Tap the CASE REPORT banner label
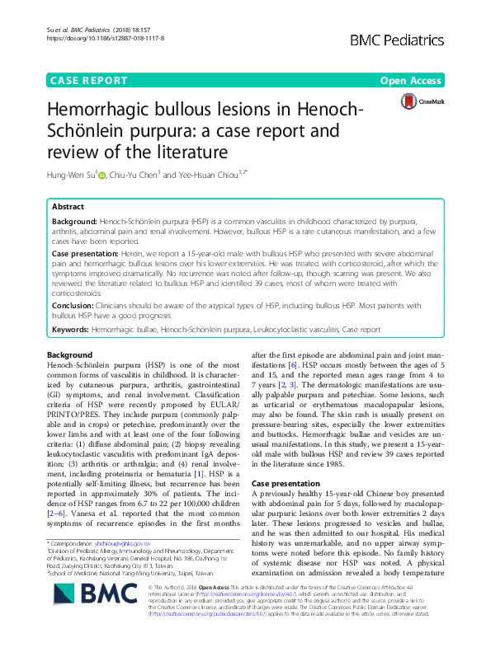[x=90, y=81]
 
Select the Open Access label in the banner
[x=410, y=81]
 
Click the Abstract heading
[x=68, y=208]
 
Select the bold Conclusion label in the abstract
[x=77, y=303]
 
